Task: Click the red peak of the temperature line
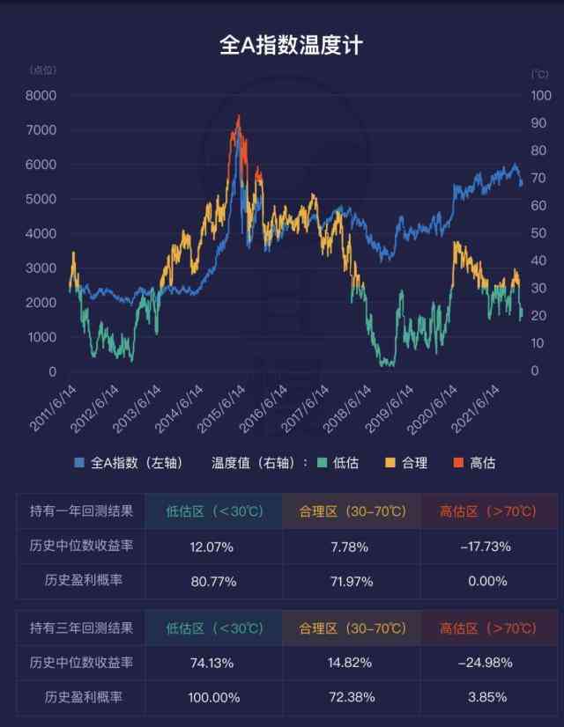coord(238,116)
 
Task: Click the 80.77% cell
coord(211,581)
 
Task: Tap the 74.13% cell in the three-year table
coord(211,663)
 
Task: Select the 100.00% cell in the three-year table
coord(211,697)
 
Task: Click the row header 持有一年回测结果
coord(81,512)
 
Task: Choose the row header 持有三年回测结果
coord(81,628)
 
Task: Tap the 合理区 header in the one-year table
coord(349,512)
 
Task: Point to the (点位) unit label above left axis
coord(43,70)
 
